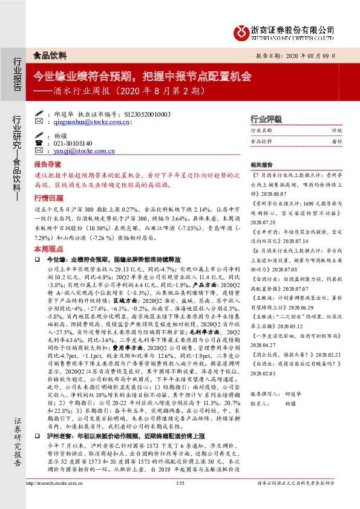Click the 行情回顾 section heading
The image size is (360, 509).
click(x=47, y=198)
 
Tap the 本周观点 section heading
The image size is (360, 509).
click(x=47, y=248)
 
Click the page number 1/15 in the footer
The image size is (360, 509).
click(x=180, y=499)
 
